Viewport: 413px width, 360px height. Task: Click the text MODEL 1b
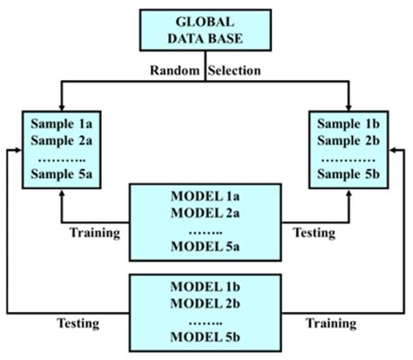[x=206, y=286]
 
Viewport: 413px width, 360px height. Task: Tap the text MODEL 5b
[x=206, y=336]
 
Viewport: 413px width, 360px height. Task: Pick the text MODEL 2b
[x=206, y=302]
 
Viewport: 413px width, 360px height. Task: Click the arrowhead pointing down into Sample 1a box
[x=62, y=104]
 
